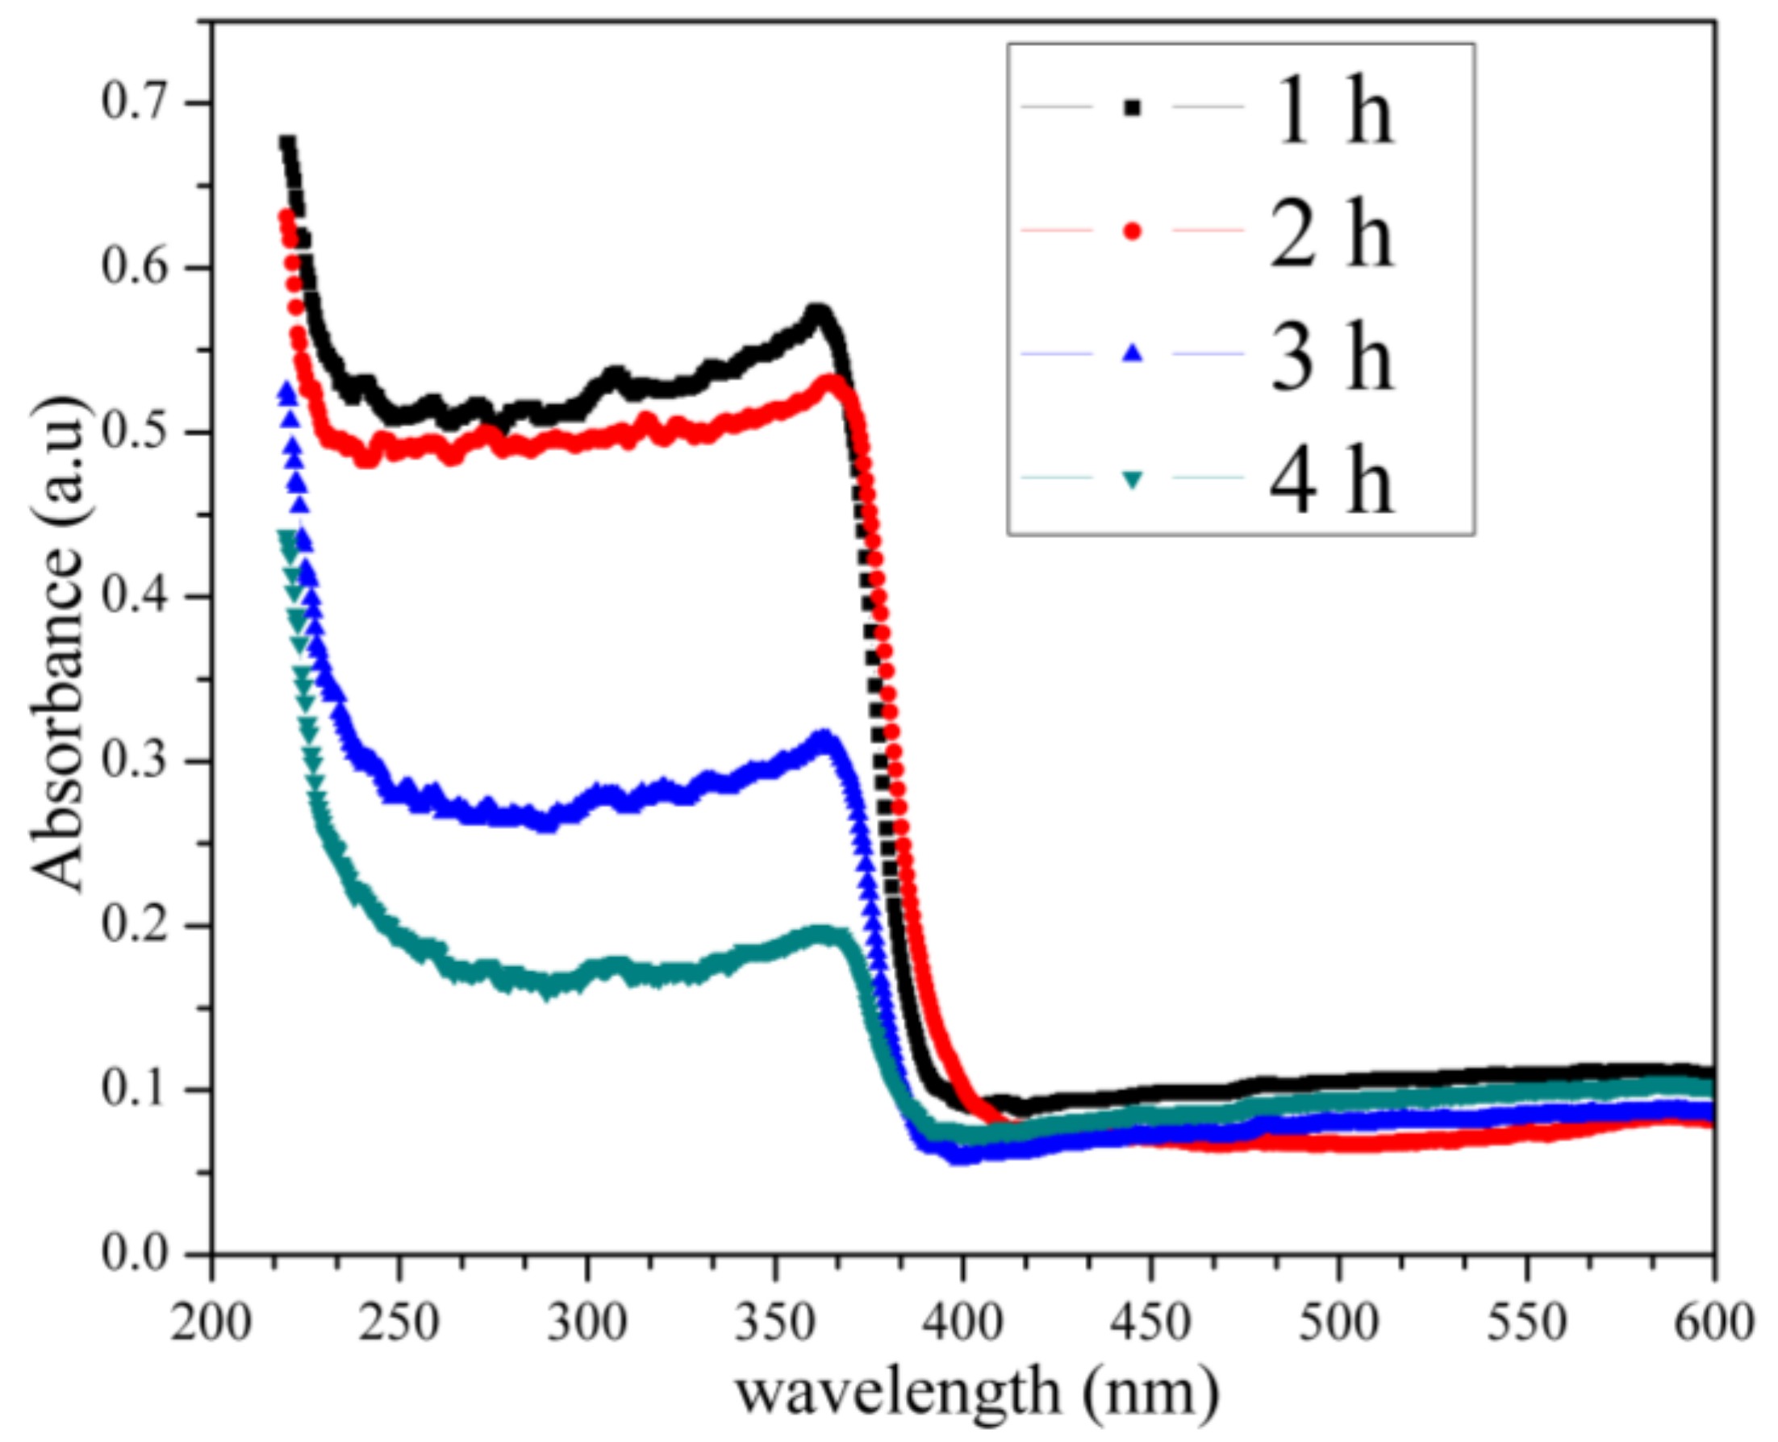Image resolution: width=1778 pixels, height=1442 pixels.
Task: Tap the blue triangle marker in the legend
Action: click(x=1133, y=354)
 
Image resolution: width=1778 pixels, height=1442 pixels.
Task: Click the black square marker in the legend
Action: click(x=1133, y=107)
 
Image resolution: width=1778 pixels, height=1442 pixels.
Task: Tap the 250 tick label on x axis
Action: click(x=399, y=1321)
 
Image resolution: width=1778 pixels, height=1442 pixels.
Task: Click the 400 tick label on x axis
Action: click(x=962, y=1321)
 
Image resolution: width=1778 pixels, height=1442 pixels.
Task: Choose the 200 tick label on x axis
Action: click(x=211, y=1321)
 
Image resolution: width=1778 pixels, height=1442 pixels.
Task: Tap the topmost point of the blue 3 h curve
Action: click(x=287, y=391)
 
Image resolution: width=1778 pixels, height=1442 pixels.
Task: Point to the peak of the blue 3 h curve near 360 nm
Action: click(x=824, y=736)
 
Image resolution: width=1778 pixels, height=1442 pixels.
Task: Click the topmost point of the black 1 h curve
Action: click(x=287, y=144)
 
